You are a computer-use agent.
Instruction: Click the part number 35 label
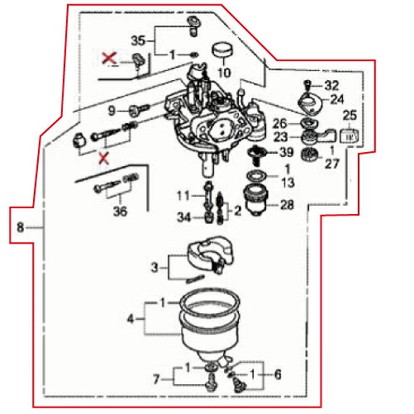138,39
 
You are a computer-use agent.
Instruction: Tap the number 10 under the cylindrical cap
224,73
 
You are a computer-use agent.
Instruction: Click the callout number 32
331,85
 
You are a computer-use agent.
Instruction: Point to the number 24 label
336,99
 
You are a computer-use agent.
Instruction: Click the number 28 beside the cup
287,204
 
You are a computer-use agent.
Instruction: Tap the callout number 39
286,153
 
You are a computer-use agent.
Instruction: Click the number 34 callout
183,217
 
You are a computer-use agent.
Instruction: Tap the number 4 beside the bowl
130,316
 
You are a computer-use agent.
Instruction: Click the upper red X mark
107,57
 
